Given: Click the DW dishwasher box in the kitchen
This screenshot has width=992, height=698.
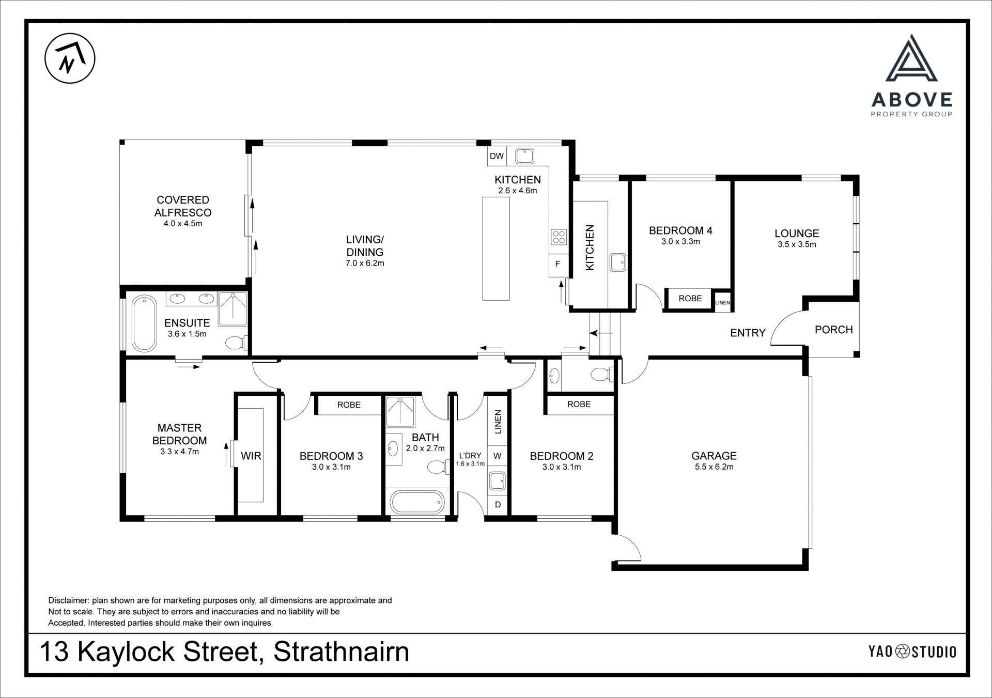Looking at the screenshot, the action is tap(497, 156).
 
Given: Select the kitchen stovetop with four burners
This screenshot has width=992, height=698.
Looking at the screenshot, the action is tap(559, 237).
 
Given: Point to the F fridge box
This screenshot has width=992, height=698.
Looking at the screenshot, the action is tap(558, 265).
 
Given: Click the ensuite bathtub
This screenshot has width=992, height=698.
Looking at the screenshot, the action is tap(144, 323).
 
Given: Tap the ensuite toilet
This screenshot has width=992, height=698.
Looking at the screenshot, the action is tap(237, 343).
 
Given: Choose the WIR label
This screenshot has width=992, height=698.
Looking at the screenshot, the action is tap(251, 456).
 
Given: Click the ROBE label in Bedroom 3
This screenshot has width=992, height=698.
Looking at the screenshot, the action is tap(349, 405).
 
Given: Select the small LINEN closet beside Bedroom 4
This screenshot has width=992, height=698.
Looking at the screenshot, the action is tap(722, 303).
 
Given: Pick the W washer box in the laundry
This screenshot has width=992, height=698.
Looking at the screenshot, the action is tap(498, 456).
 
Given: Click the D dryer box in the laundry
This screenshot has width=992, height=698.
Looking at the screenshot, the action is tap(498, 505).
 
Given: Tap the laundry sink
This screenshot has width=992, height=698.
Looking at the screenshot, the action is tap(498, 481).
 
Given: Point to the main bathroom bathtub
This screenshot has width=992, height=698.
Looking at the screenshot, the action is tap(416, 502).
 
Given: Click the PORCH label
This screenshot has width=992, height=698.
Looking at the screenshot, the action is tap(833, 330).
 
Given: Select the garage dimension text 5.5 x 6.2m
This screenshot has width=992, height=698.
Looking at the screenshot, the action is tap(714, 467).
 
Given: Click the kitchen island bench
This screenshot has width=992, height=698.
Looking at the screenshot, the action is tap(496, 248).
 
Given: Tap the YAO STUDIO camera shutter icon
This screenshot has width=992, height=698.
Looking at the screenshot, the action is tap(903, 652).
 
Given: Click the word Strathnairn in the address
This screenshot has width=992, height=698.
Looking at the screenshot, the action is tap(341, 652).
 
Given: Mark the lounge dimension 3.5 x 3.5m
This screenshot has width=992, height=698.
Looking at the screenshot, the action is tap(797, 245).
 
